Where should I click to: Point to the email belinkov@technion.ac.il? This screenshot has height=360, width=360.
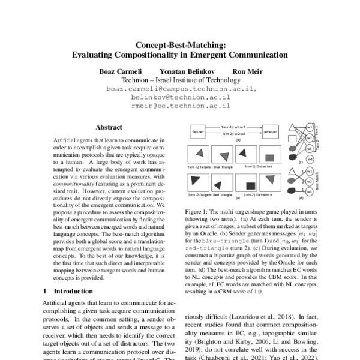(179, 97)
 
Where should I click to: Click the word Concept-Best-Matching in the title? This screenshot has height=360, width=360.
(179, 44)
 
